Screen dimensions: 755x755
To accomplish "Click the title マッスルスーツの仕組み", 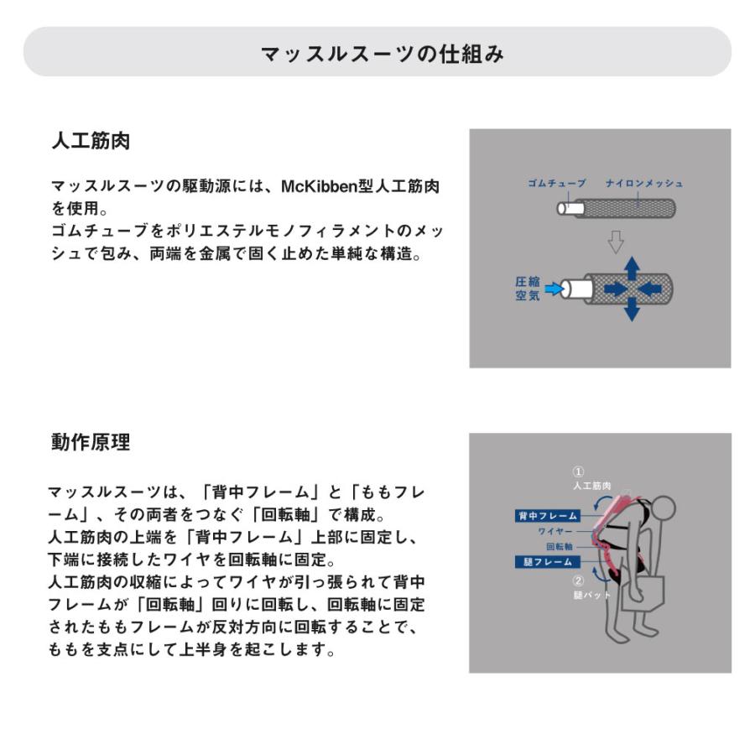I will point(382,54).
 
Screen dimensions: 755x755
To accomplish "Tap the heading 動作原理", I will point(91,443).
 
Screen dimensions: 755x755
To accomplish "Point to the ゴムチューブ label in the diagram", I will point(556,184).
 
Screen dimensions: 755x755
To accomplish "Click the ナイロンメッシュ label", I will point(644,184).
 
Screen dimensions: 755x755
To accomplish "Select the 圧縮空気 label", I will point(528,289).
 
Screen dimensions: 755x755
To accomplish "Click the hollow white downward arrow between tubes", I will point(617,242).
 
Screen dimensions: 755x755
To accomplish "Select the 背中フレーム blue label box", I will point(546,516).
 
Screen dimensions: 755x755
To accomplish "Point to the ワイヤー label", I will point(555,531).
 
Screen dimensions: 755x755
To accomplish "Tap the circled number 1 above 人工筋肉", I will point(578,471).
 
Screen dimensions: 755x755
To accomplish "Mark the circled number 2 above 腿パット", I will point(578,580).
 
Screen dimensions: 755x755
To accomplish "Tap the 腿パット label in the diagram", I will point(591,594).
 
